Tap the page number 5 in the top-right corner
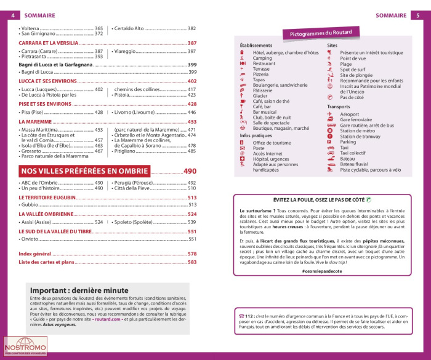[x=418, y=15]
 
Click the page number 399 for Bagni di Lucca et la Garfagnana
[x=191, y=65]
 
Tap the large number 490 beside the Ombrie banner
[x=190, y=171]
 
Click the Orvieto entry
[x=31, y=239]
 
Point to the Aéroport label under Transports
[x=350, y=114]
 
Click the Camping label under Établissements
[x=262, y=58]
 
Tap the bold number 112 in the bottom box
[x=250, y=316]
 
